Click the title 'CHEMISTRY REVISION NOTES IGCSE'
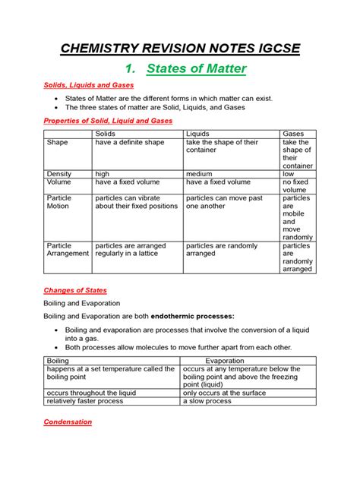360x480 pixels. coord(180,49)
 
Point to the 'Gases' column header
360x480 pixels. coord(293,134)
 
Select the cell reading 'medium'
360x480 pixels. coord(199,173)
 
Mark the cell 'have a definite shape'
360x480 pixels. coord(131,143)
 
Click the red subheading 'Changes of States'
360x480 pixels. coord(74,290)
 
